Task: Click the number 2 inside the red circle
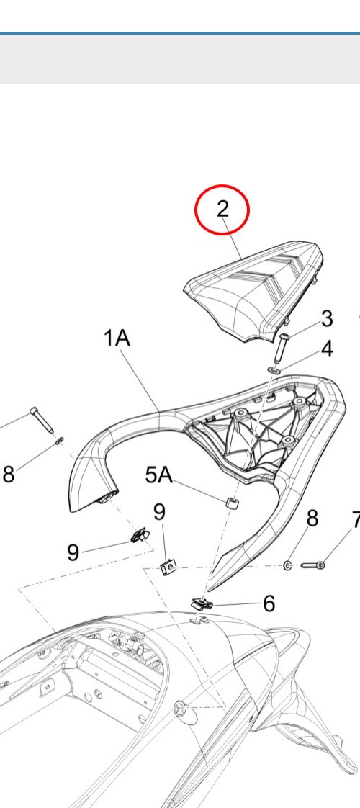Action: (222, 209)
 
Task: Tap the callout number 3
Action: (327, 318)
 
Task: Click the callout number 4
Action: (327, 349)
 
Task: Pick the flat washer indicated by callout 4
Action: (274, 369)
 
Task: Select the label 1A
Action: (117, 338)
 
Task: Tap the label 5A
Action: (159, 475)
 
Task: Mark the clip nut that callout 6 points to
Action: (202, 603)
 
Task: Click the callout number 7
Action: (356, 521)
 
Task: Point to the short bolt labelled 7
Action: (313, 565)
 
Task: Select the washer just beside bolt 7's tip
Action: (288, 566)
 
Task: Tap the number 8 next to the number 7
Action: (312, 519)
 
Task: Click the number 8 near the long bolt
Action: (9, 474)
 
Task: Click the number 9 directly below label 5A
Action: (160, 512)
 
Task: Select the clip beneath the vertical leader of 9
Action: (168, 568)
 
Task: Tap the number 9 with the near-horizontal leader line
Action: (73, 552)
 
